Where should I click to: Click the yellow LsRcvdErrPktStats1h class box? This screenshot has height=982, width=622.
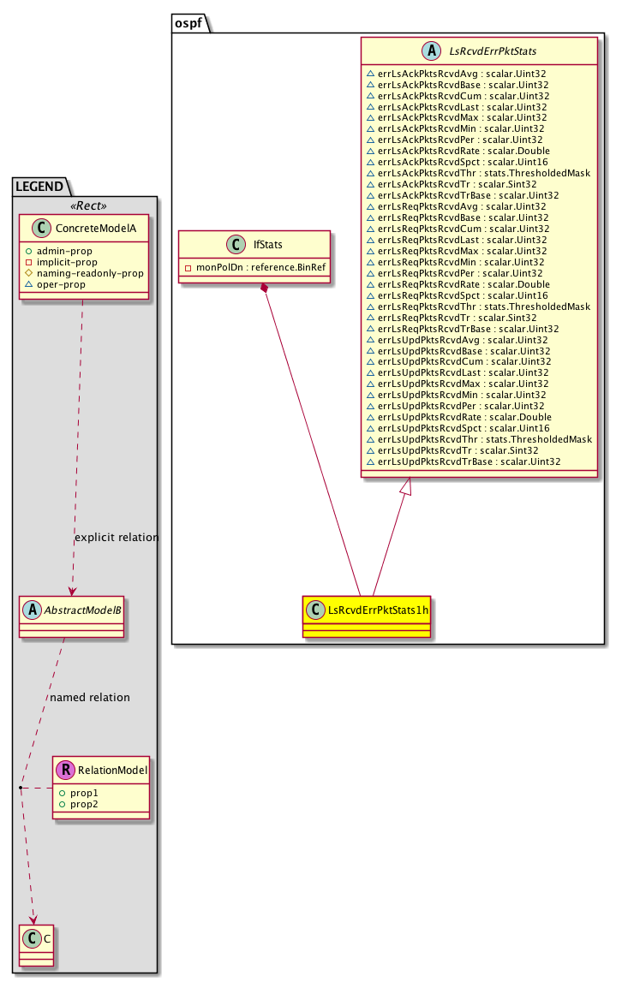point(367,616)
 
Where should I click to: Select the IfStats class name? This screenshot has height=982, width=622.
point(268,245)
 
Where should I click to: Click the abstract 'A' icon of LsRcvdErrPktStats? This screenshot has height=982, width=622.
point(432,51)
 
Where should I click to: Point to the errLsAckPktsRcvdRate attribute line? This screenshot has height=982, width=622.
point(458,151)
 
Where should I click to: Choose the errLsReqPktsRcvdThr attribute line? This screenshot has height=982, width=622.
point(478,307)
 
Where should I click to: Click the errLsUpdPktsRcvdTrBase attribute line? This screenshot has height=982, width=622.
point(464,462)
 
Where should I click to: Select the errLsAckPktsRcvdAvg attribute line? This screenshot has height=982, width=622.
point(457,74)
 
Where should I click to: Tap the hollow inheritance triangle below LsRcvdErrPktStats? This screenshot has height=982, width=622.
point(406,485)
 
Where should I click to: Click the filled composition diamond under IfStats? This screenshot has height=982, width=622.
point(266,288)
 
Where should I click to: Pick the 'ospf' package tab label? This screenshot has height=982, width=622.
point(188,23)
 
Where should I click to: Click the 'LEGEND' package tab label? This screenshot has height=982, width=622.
point(39,187)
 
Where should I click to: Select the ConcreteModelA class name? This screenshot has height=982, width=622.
point(96,229)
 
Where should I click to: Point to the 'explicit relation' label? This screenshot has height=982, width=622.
point(117,538)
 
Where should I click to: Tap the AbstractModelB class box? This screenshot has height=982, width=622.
point(71,616)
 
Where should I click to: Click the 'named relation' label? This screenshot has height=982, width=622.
point(90,698)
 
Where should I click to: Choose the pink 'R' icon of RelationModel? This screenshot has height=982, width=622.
point(65,770)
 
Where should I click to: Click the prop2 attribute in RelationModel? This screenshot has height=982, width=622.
point(84,804)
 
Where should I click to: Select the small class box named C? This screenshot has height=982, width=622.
point(36,945)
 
